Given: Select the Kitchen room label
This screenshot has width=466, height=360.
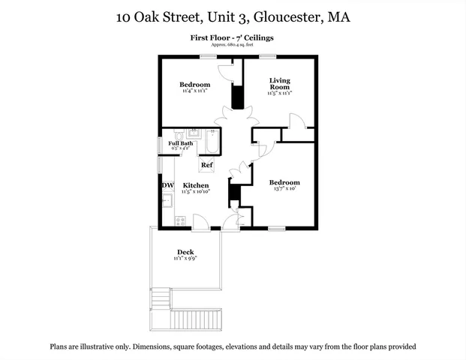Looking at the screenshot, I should click(196, 185).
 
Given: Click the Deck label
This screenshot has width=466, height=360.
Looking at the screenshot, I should click(185, 252).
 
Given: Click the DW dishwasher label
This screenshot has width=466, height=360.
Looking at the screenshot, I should click(167, 185).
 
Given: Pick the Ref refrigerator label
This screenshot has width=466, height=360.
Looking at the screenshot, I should click(206, 165).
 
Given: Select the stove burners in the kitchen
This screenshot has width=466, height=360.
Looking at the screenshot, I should click(180, 220).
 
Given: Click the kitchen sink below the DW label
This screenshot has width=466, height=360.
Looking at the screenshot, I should click(168, 200).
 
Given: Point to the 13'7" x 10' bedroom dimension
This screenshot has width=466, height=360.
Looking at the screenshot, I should click(284, 189).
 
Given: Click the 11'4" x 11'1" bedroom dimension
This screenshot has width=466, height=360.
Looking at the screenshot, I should click(194, 91).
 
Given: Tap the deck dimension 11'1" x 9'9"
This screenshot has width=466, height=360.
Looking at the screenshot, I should click(185, 259).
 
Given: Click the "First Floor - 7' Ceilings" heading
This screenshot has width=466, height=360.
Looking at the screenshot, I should click(233, 37).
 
